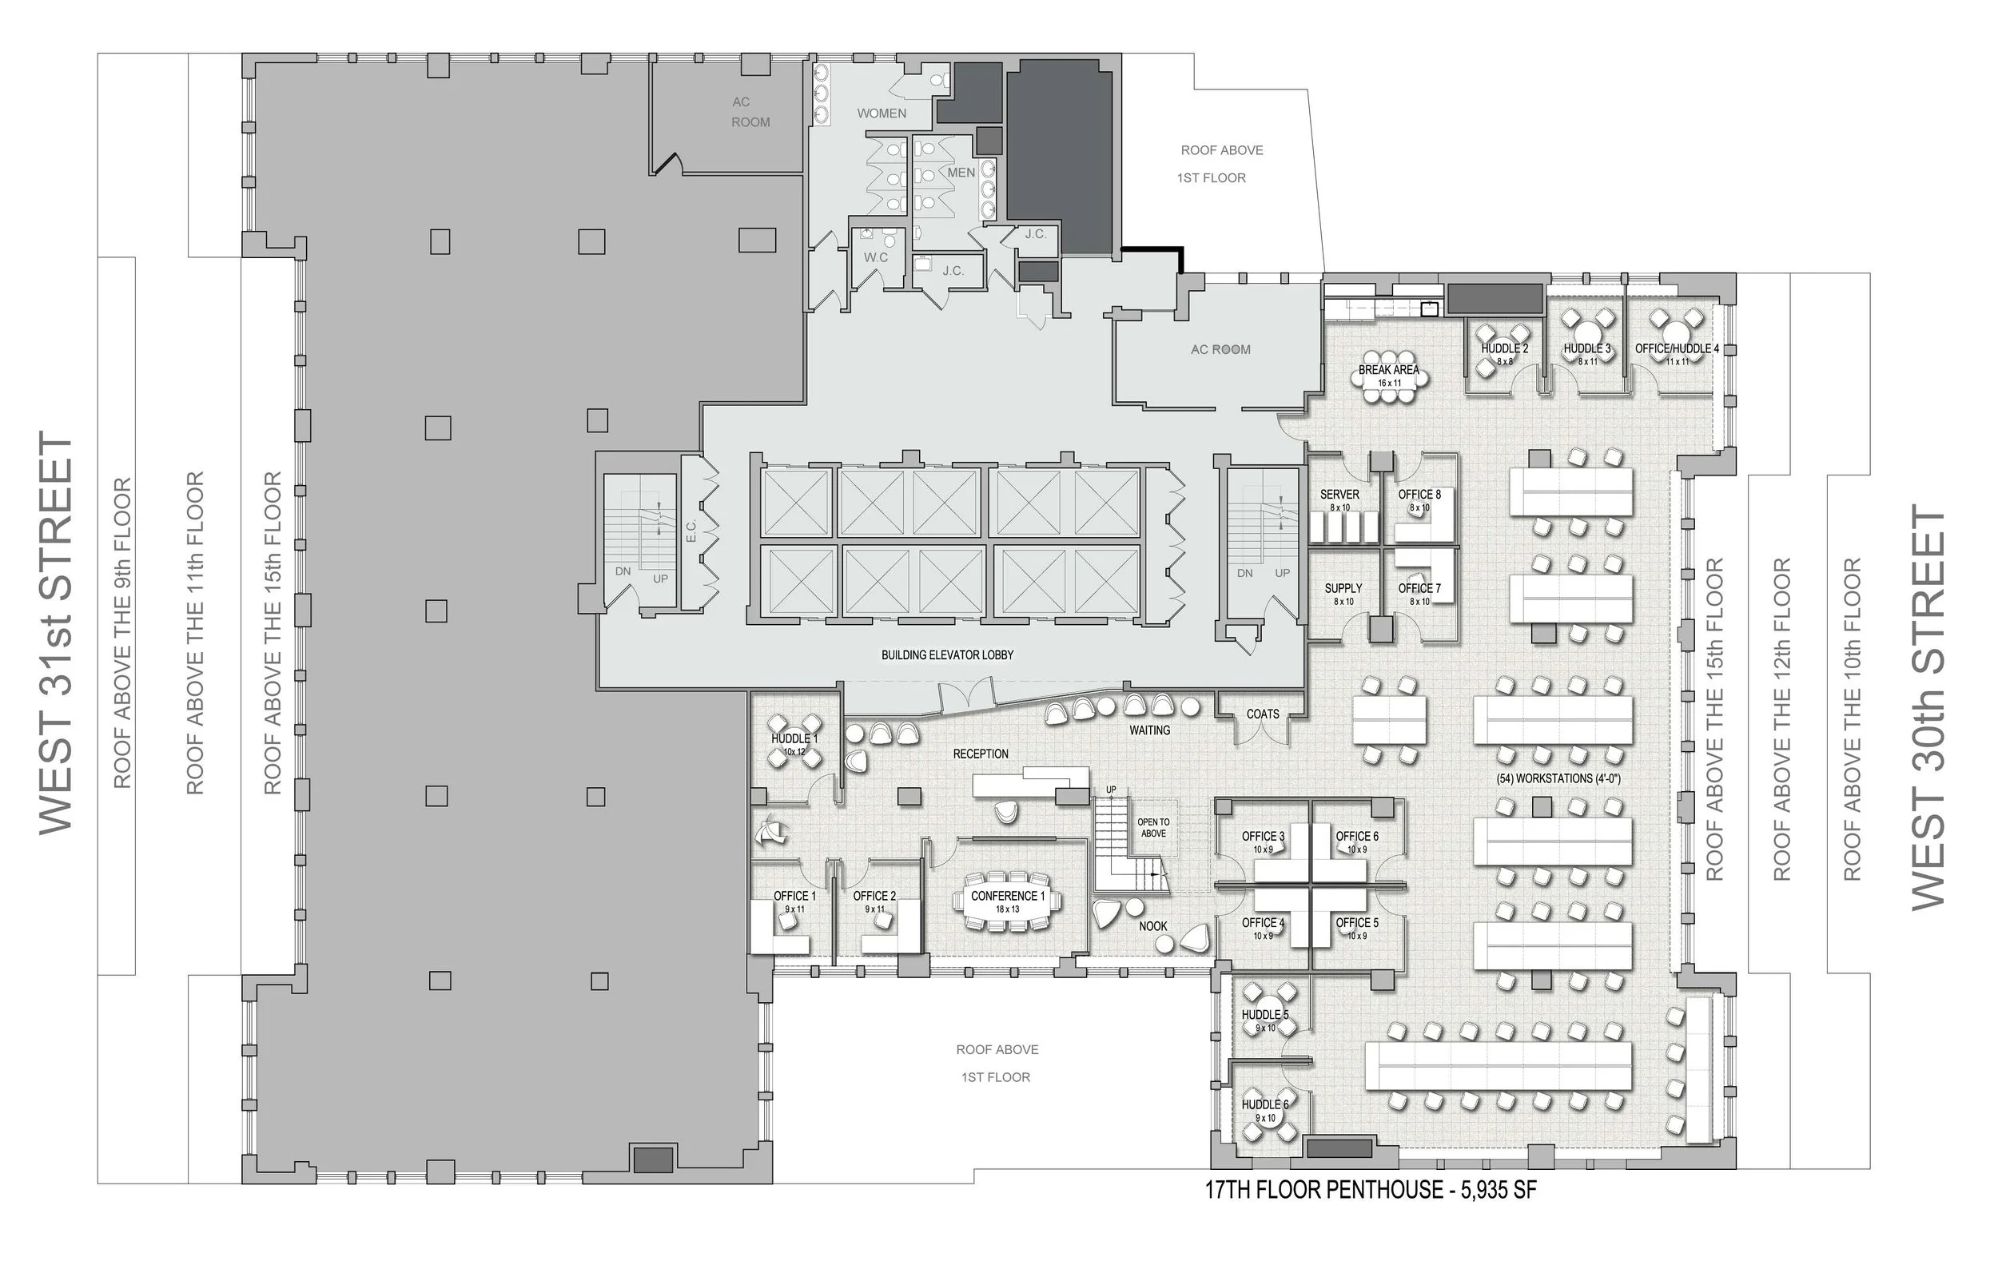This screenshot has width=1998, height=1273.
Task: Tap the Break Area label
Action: pyautogui.click(x=1388, y=369)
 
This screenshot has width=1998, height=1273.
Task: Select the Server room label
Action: pyautogui.click(x=1339, y=494)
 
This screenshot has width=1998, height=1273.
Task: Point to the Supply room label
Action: pyautogui.click(x=1343, y=588)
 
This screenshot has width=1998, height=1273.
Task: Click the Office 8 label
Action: pyautogui.click(x=1419, y=494)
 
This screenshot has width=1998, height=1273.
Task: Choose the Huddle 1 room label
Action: pyautogui.click(x=794, y=738)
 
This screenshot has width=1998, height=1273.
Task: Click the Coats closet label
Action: pyautogui.click(x=1263, y=714)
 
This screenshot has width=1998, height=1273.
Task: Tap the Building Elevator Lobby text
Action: pyautogui.click(x=948, y=654)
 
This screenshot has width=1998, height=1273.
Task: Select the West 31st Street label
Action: pyautogui.click(x=57, y=631)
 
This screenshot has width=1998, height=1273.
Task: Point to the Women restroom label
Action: pyautogui.click(x=882, y=113)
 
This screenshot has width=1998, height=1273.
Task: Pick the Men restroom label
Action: pyautogui.click(x=961, y=173)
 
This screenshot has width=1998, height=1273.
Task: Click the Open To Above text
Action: pyautogui.click(x=1153, y=827)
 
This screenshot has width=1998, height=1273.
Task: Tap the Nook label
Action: pyautogui.click(x=1153, y=926)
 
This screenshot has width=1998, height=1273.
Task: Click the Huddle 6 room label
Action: pyautogui.click(x=1265, y=1104)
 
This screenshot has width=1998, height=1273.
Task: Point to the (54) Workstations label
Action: pyautogui.click(x=1558, y=778)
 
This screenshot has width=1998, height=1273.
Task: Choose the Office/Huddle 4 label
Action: pyautogui.click(x=1677, y=348)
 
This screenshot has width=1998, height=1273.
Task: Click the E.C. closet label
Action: pyautogui.click(x=691, y=531)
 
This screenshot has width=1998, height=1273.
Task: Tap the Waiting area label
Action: pyautogui.click(x=1149, y=730)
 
